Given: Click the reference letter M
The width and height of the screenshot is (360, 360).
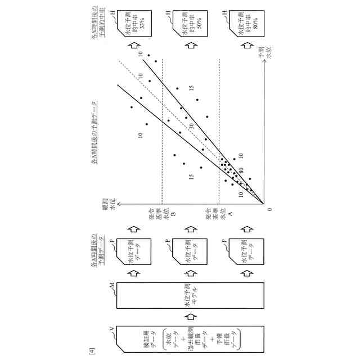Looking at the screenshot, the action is [114, 287].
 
